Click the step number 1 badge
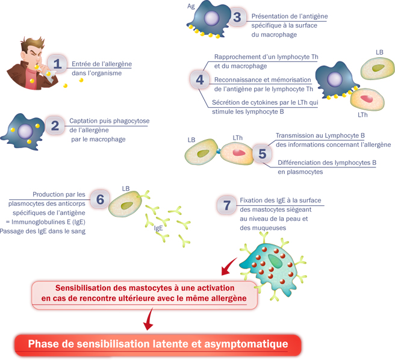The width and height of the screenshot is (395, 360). pyautogui.click(x=57, y=63)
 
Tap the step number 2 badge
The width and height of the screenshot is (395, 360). pyautogui.click(x=55, y=126)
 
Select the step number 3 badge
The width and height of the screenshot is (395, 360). pyautogui.click(x=237, y=17)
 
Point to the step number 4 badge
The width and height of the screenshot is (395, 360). pyautogui.click(x=200, y=79)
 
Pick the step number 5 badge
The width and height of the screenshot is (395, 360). pyautogui.click(x=262, y=154)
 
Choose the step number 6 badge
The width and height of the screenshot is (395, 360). pyautogui.click(x=100, y=198)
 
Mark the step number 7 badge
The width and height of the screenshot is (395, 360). pyautogui.click(x=226, y=205)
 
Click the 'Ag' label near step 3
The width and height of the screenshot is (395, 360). pyautogui.click(x=191, y=5)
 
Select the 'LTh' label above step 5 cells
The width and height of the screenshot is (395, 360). pyautogui.click(x=237, y=138)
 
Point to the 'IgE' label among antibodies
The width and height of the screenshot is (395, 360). pyautogui.click(x=159, y=228)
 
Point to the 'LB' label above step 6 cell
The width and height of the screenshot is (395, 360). pyautogui.click(x=126, y=187)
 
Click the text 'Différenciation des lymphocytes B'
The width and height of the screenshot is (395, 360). pyautogui.click(x=327, y=162)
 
